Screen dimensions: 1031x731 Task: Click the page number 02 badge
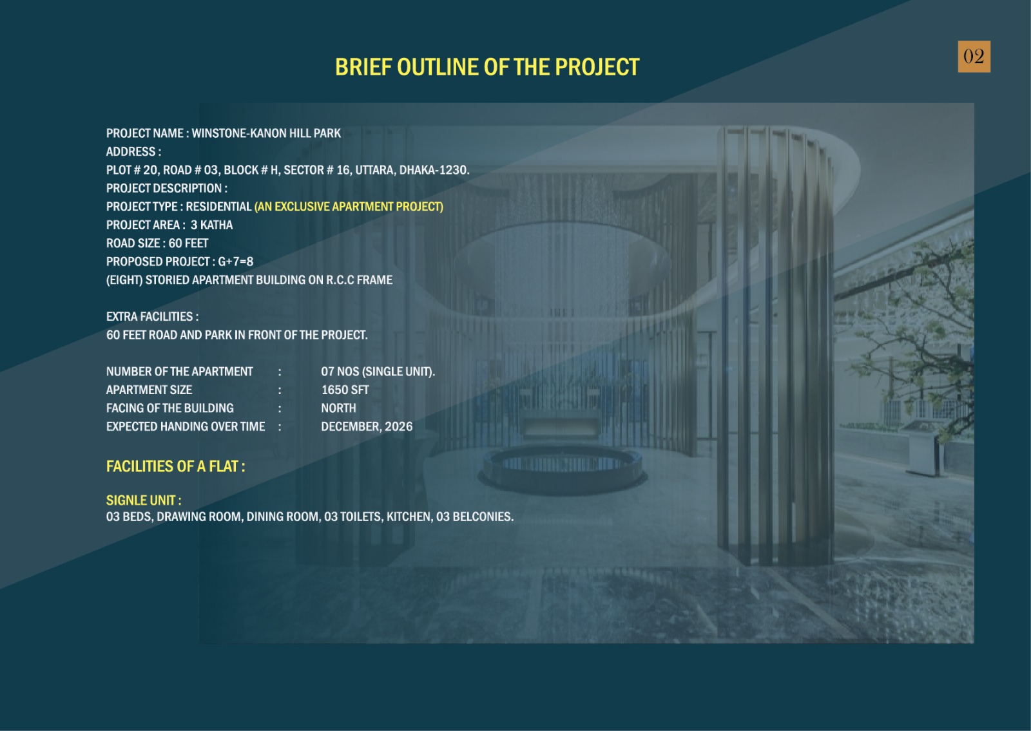point(974,57)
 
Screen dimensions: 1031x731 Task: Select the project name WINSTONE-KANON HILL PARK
point(266,133)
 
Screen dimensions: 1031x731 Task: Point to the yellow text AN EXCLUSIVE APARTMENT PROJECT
point(349,207)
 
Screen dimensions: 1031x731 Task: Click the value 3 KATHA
point(212,225)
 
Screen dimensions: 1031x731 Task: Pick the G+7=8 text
point(235,261)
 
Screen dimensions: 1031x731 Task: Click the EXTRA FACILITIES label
point(152,316)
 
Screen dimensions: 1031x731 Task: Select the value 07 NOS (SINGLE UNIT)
point(378,372)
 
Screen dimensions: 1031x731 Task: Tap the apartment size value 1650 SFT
point(345,390)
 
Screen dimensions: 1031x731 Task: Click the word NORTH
point(339,408)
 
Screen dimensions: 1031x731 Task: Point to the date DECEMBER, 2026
point(367,427)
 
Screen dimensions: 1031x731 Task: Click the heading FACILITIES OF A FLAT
point(175,466)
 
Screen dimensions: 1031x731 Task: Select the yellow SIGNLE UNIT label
point(144,500)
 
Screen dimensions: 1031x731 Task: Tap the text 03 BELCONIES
point(474,517)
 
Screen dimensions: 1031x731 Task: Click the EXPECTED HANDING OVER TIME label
point(186,427)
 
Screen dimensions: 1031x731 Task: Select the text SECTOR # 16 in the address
point(316,170)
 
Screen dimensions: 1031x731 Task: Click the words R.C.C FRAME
point(360,280)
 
